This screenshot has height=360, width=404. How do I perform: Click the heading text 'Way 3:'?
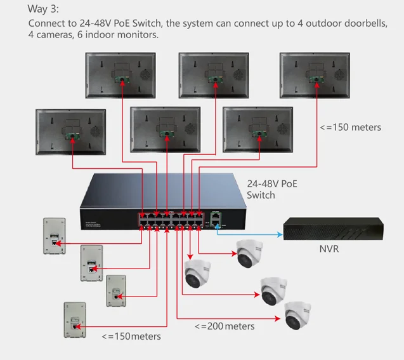(x=43, y=9)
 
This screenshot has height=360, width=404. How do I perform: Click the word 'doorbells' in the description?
(x=365, y=23)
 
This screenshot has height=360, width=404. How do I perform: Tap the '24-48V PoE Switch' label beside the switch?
(x=271, y=189)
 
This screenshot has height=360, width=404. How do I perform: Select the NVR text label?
(x=329, y=249)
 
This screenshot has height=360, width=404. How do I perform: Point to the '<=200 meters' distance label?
(x=225, y=326)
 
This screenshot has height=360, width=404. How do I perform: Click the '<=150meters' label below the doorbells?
(x=131, y=336)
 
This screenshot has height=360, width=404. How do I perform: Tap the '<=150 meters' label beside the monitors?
(x=351, y=127)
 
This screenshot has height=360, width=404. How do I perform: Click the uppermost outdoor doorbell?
(x=53, y=236)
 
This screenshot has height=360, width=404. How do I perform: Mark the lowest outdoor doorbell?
(x=74, y=320)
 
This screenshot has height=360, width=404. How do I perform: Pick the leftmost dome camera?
(x=198, y=272)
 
